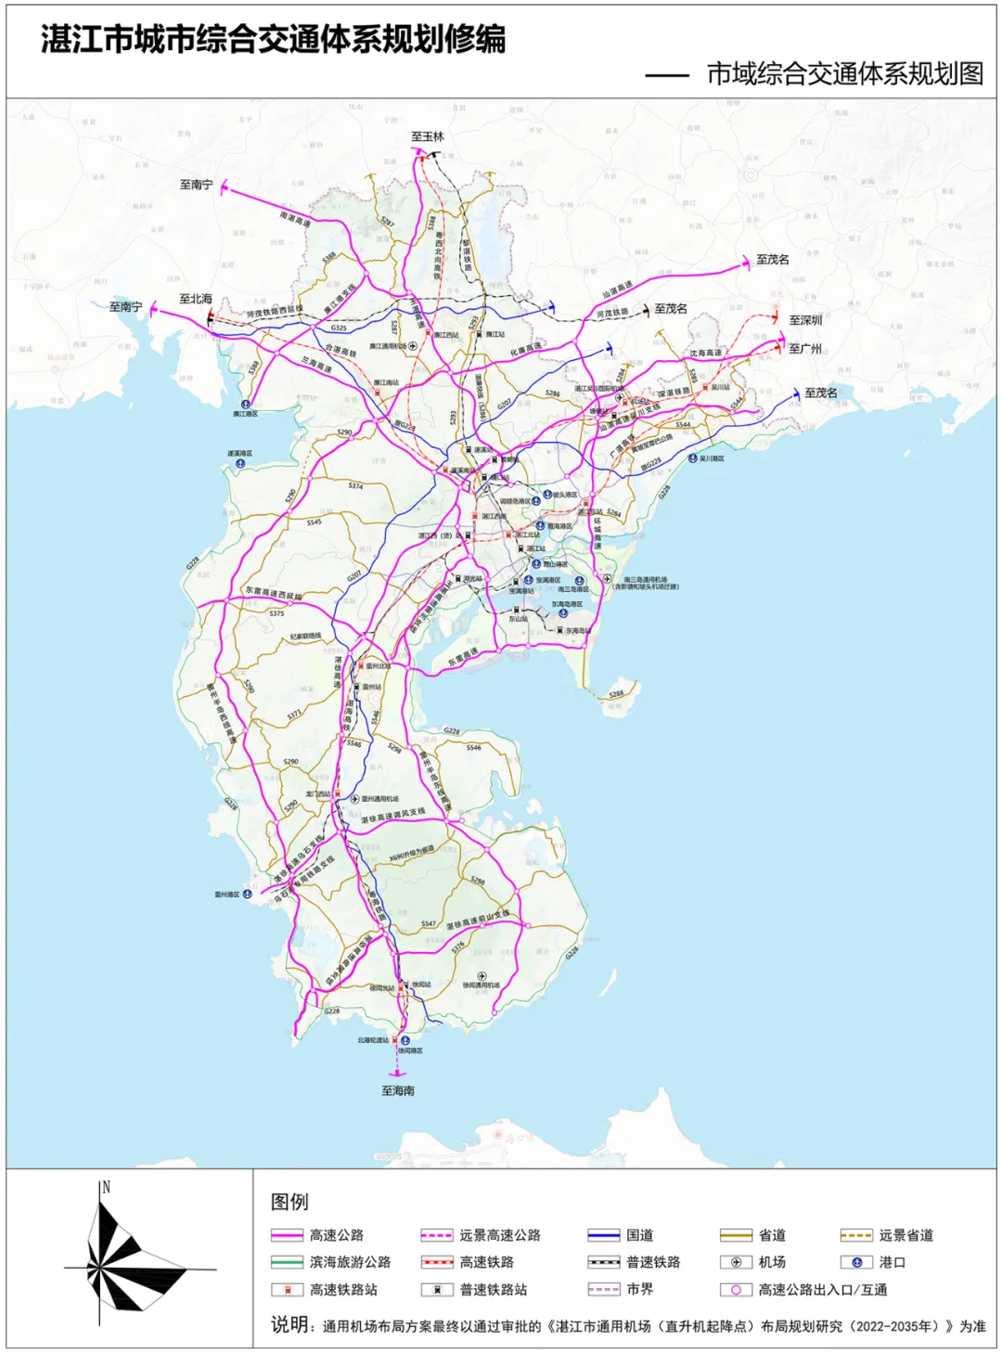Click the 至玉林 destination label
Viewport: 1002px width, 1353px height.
[x=428, y=136]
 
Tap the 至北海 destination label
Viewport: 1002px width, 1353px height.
[x=196, y=299]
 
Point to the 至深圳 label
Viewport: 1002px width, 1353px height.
[x=805, y=320]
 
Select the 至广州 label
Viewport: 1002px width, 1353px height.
[x=805, y=349]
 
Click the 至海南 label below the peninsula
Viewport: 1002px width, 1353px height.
[x=398, y=1090]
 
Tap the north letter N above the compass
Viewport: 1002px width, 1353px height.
[x=106, y=1187]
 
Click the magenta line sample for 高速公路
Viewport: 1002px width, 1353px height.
[x=287, y=1235]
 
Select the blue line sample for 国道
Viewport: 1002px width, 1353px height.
[x=603, y=1235]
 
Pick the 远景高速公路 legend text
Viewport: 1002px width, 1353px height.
[x=500, y=1235]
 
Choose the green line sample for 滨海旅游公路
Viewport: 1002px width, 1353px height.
[x=287, y=1262]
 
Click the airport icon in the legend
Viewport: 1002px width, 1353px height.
[x=736, y=1262]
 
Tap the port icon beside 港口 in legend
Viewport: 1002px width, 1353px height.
[x=856, y=1262]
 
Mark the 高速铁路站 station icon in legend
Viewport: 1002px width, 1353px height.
[x=287, y=1290]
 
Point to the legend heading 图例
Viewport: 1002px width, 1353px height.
[x=289, y=1202]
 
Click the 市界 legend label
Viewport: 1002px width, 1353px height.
[x=640, y=1290]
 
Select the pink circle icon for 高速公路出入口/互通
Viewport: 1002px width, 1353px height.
[x=736, y=1290]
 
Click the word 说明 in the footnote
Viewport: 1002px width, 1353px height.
[x=289, y=1325]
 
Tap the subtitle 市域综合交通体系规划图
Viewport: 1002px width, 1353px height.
[x=844, y=74]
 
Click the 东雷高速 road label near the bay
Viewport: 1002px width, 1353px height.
[x=464, y=657]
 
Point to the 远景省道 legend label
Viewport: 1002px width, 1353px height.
[x=906, y=1235]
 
